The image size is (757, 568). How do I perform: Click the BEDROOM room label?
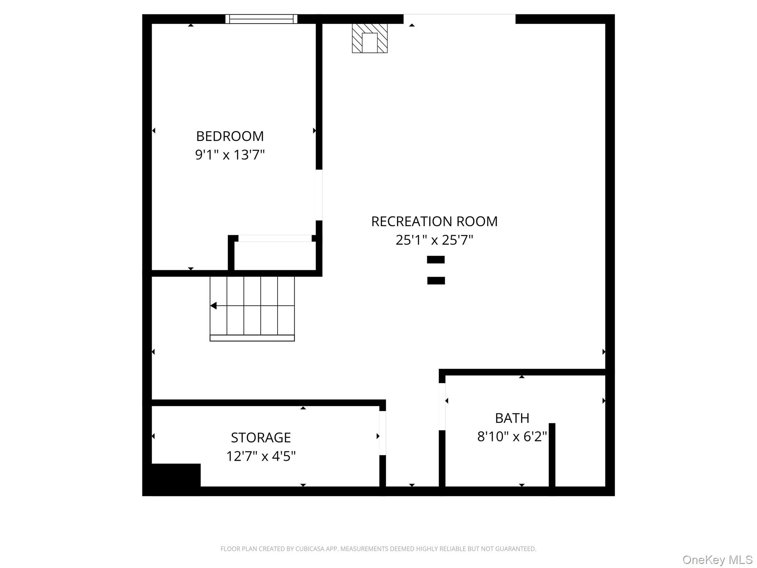230,136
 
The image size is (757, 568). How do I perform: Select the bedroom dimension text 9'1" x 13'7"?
230,155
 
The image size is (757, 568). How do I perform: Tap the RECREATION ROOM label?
434,222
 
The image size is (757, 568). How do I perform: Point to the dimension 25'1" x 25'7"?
434,240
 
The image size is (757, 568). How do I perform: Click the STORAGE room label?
261,437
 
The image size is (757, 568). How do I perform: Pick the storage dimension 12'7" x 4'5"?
261,456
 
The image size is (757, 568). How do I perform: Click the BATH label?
512,418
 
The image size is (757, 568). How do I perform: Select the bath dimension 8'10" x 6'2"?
512,437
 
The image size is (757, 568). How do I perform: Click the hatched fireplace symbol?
370,38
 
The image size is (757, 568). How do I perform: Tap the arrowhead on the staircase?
213,306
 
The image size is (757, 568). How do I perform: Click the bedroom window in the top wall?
261,19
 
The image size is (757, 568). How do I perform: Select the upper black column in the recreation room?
436,260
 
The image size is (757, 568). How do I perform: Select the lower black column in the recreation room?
436,281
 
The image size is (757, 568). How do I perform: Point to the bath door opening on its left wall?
442,406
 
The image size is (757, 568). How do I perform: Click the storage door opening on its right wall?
383,433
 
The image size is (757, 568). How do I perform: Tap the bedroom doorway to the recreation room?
319,195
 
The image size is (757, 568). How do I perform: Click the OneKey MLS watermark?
717,560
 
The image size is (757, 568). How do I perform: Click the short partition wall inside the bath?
552,455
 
